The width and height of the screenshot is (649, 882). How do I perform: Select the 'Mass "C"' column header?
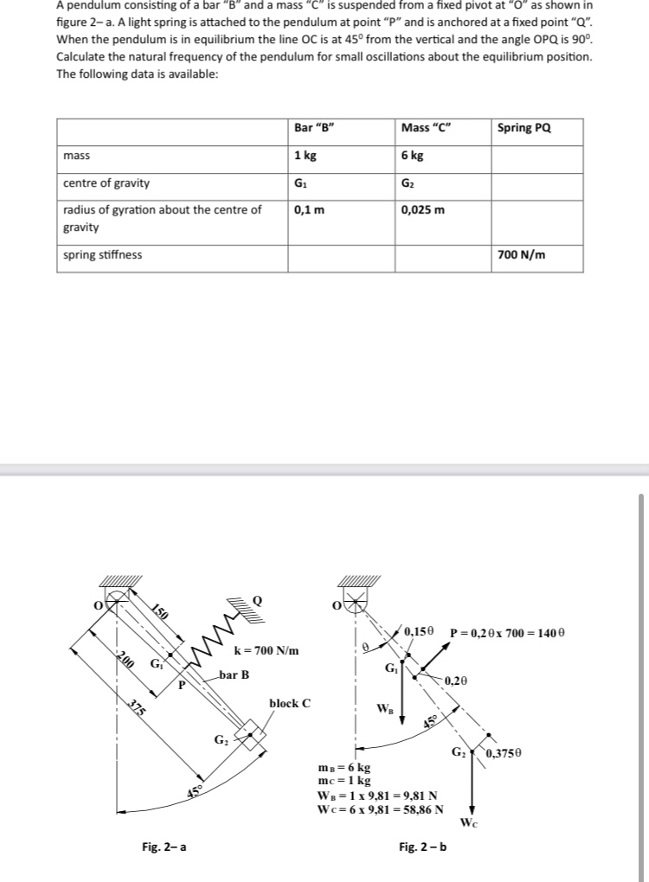pos(427,129)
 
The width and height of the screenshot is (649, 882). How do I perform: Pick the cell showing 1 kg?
pos(304,156)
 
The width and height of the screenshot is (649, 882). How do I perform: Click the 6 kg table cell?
pos(413,156)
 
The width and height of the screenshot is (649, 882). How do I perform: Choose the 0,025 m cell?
pos(423,209)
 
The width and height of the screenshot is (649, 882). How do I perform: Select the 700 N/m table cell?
pos(522,255)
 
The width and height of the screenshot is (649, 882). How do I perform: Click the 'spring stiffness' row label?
pos(103,255)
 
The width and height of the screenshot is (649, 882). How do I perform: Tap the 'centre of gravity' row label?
pos(106,183)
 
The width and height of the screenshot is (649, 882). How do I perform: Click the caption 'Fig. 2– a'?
pos(164,847)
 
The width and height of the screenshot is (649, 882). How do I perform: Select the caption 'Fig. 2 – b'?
pos(423,847)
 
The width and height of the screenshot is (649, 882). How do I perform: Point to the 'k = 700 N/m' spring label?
pos(267,650)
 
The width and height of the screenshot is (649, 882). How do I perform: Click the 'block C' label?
pos(290,703)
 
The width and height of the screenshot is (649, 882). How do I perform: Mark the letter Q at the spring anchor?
pos(257,598)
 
